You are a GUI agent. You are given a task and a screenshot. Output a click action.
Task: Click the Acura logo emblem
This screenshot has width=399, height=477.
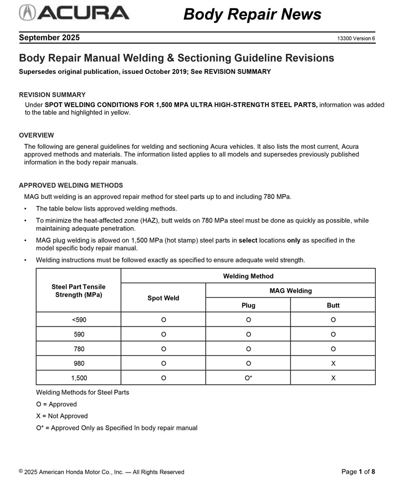[28, 12]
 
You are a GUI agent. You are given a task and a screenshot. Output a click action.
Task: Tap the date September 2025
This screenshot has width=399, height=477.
[49, 38]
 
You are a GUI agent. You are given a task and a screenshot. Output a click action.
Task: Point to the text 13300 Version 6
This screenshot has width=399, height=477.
[356, 38]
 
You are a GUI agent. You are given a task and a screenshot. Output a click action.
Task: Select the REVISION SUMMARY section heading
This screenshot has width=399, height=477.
[52, 95]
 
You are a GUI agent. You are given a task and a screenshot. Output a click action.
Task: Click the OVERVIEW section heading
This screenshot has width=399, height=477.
[37, 135]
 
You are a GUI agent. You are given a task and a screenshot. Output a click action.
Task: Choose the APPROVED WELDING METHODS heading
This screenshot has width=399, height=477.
[71, 185]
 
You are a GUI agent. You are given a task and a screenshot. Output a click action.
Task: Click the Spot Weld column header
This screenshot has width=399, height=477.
[163, 298]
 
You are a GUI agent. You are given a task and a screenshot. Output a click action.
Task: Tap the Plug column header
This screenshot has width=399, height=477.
[248, 305]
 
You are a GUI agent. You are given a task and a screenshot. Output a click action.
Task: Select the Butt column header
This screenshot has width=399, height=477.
[333, 305]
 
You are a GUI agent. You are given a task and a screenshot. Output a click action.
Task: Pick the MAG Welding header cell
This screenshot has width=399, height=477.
[290, 290]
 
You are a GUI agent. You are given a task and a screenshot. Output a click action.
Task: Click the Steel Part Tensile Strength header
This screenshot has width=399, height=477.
[79, 290]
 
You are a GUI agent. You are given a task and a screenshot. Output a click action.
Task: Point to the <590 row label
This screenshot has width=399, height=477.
[79, 320]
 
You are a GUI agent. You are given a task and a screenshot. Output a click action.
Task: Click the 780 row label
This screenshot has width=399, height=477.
[79, 349]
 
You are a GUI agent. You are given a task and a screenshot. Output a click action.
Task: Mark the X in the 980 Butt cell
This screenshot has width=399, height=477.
[333, 363]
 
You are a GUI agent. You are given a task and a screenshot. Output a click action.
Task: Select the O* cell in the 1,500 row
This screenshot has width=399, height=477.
[248, 378]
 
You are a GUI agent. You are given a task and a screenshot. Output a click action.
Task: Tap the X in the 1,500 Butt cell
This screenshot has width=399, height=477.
[333, 378]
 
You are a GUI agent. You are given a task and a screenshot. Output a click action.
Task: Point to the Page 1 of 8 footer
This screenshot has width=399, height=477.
[359, 471]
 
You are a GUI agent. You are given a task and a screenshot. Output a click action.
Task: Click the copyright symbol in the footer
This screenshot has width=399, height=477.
[21, 471]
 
